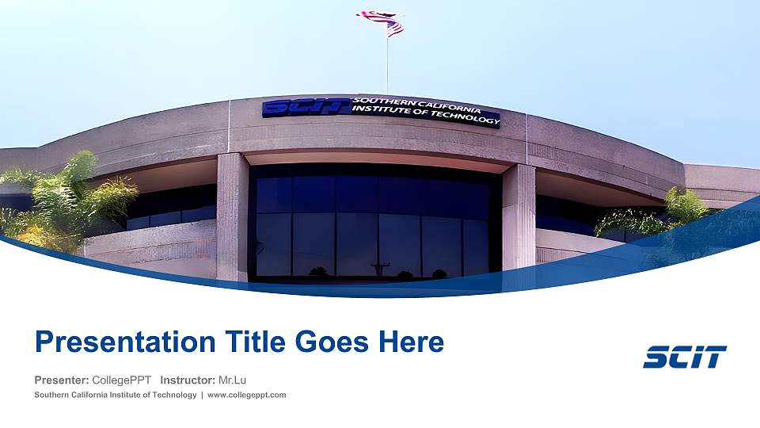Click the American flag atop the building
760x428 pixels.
(382, 22)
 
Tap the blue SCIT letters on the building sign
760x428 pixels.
(306, 107)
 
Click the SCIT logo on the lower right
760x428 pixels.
(685, 357)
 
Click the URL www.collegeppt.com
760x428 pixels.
(246, 395)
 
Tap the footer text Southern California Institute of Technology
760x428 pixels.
(116, 395)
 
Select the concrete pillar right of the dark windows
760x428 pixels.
(519, 214)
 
